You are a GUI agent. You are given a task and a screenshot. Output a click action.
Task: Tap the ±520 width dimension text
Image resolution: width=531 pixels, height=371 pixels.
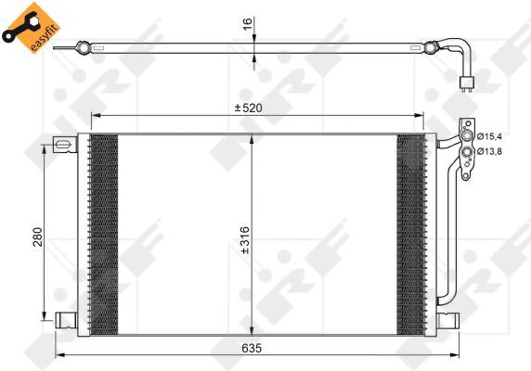(x=249, y=108)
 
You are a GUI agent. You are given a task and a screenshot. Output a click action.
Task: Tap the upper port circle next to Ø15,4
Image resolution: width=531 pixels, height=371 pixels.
(x=467, y=136)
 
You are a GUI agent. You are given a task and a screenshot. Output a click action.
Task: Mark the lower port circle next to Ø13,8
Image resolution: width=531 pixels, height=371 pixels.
(x=466, y=150)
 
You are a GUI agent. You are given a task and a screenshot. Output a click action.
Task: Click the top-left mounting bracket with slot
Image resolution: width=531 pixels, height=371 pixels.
(x=63, y=144)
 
